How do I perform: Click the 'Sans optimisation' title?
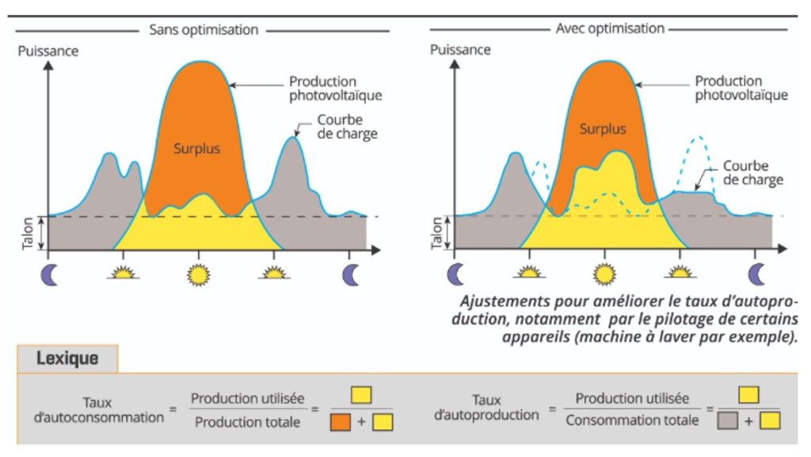pos(204,30)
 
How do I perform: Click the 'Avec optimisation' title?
pos(610,29)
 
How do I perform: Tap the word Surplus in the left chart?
pos(197,148)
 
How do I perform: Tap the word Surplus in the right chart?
pos(603,129)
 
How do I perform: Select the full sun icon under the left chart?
pos(199,274)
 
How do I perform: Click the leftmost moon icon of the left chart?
pos(48,274)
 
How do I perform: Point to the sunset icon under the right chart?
pos(679,273)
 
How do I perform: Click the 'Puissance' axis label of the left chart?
pos(49,51)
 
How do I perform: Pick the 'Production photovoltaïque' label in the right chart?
pos(741,88)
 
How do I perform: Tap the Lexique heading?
pos(67,358)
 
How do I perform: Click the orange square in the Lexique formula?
pos(340,422)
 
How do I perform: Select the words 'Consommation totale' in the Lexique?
pos(632,420)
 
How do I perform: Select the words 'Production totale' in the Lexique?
pos(248,422)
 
